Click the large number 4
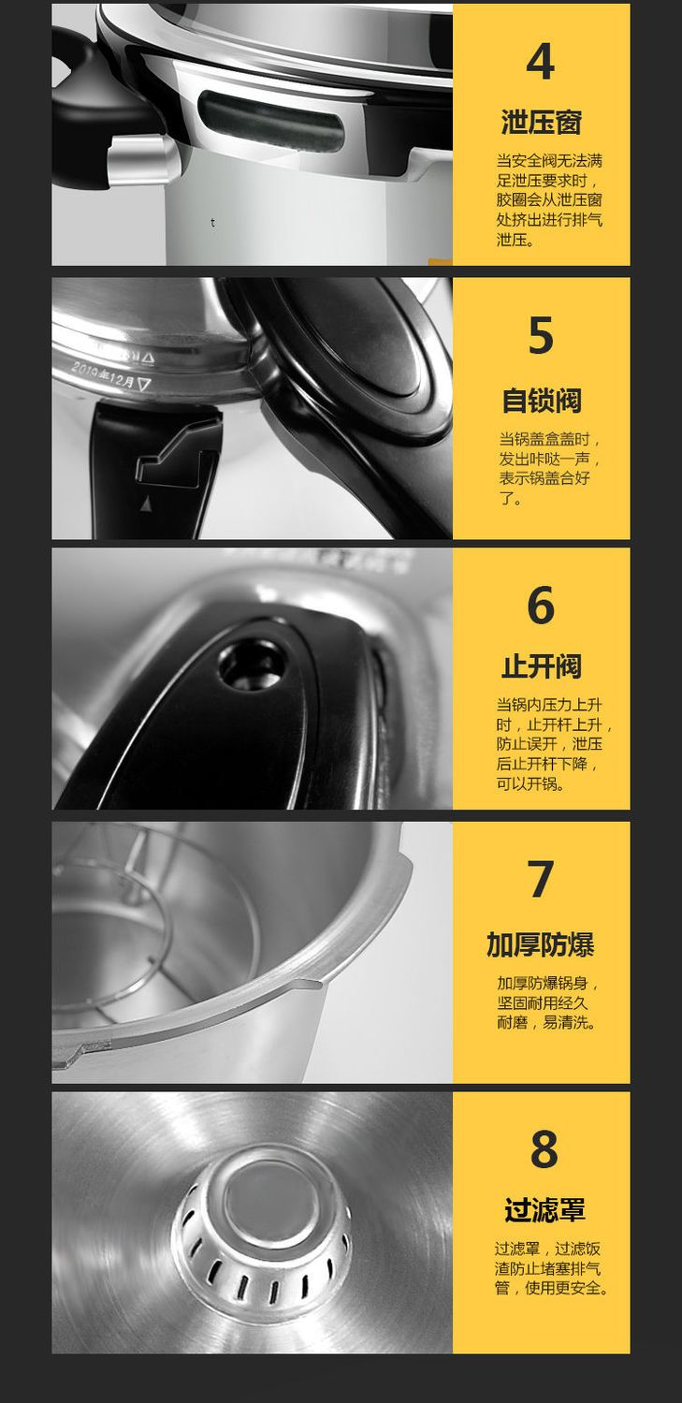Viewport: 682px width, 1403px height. (541, 62)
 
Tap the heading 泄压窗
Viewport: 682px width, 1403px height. (541, 122)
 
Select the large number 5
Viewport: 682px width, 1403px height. (541, 336)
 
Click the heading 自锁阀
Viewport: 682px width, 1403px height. (541, 401)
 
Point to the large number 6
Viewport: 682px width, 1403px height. (541, 605)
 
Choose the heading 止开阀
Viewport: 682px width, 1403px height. (541, 667)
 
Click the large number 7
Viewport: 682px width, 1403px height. (541, 879)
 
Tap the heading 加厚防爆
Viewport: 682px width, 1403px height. (541, 945)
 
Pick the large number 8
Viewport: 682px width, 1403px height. (544, 1148)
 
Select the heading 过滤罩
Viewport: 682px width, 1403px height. (544, 1211)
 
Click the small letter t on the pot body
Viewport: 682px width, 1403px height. (213, 223)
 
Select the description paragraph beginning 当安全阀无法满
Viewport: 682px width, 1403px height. (549, 200)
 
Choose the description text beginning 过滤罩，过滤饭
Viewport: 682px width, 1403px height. (551, 1269)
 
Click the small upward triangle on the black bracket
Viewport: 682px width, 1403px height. (146, 504)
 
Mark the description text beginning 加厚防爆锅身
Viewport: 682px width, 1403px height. (548, 1002)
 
